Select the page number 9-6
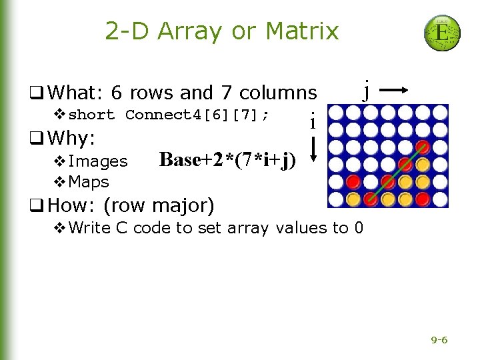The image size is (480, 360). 439,340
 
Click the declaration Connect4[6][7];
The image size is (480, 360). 197,115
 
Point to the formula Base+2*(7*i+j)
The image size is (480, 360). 227,159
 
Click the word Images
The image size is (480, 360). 98,161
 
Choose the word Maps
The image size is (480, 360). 89,181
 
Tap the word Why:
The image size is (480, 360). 73,139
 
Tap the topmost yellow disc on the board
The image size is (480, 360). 422,163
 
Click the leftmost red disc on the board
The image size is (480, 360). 353,181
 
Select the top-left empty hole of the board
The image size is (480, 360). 337,113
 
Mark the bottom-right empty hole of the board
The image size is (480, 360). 439,198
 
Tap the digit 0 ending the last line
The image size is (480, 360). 359,228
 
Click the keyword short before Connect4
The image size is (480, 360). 92,115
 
